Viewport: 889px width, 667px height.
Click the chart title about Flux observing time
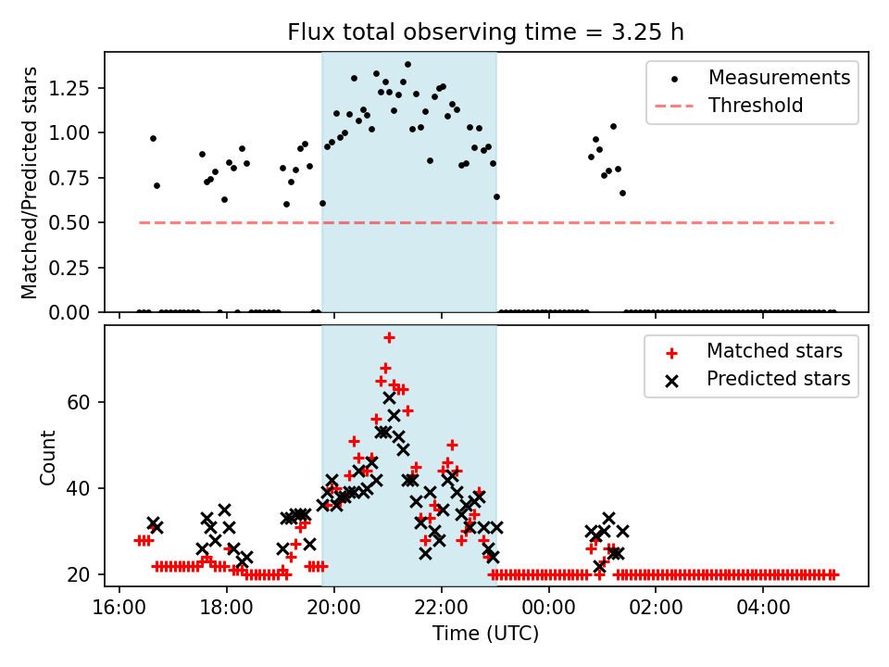tap(486, 32)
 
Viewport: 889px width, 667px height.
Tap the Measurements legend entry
tap(779, 78)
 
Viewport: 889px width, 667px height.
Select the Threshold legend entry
tap(756, 106)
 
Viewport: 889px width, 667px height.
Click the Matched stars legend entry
tap(774, 351)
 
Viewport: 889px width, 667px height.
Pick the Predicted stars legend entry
tap(778, 379)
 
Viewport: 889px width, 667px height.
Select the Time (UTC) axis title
tap(485, 635)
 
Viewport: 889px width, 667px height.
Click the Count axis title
tap(47, 457)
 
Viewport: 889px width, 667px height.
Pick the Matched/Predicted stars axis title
tap(30, 182)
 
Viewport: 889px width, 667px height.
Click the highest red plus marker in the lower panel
tap(390, 337)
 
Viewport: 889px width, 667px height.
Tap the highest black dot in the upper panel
tap(407, 65)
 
